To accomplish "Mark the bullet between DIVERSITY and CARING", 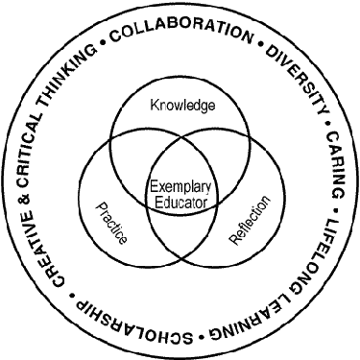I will (x=326, y=123).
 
